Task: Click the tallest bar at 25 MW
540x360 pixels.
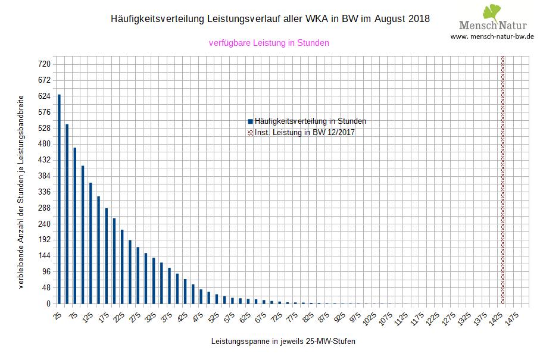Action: (x=59, y=199)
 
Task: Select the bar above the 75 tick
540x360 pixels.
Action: (x=74, y=226)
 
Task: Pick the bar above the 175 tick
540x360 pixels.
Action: (x=106, y=256)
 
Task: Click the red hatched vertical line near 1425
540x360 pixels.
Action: (x=503, y=179)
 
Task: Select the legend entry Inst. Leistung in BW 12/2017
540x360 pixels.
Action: (x=304, y=132)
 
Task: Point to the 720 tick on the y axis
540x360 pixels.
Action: (x=45, y=64)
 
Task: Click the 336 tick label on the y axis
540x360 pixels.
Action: (x=45, y=192)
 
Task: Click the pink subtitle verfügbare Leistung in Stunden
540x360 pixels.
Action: (x=269, y=43)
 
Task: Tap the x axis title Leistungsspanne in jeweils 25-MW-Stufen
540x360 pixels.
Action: (x=283, y=342)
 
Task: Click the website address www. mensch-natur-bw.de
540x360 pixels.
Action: (x=492, y=36)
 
